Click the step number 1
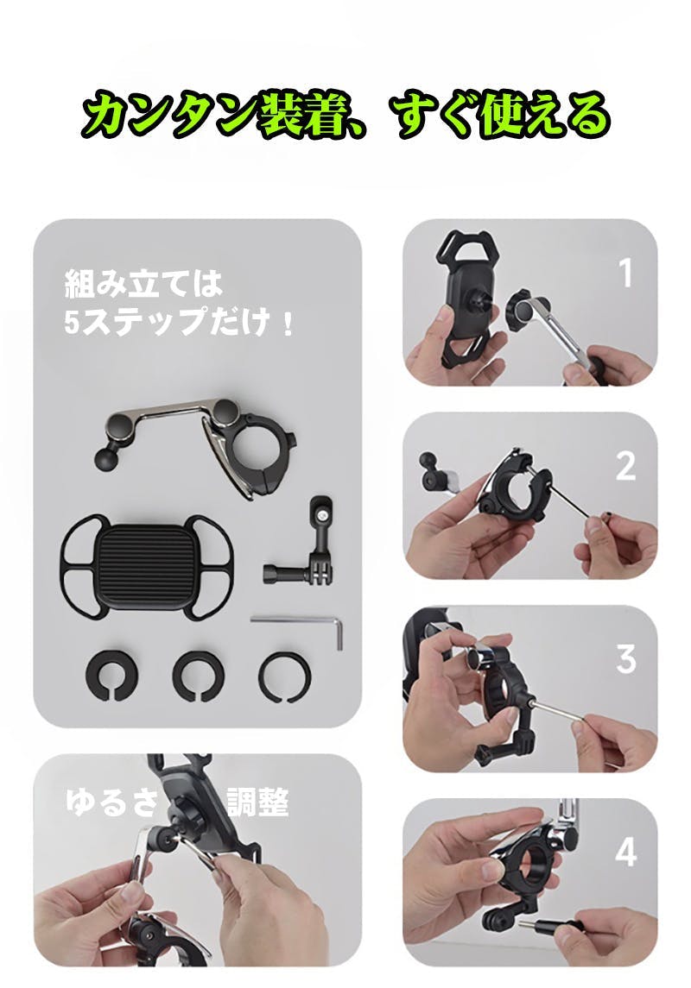[x=624, y=273]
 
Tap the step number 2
[x=625, y=466]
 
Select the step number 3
[x=626, y=658]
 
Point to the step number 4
[x=626, y=852]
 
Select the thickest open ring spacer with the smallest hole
[x=111, y=675]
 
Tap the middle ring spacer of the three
[x=198, y=675]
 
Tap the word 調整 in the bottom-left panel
[x=258, y=802]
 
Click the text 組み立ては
[x=143, y=284]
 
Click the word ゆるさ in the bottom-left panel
[x=112, y=802]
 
